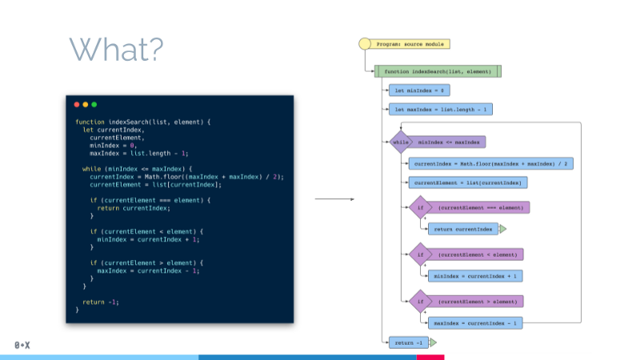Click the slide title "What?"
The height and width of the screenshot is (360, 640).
tap(117, 49)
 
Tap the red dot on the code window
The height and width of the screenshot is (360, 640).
tap(77, 104)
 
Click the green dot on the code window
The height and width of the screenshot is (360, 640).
tap(94, 104)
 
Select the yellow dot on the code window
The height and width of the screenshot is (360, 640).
tap(86, 104)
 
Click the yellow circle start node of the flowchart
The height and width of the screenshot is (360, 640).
tap(365, 44)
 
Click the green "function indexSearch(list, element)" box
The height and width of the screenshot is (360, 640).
tap(438, 71)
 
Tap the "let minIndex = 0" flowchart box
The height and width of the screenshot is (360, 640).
tap(416, 90)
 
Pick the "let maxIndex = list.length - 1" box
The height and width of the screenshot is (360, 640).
tap(440, 109)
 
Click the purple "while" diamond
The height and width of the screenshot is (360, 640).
tap(398, 142)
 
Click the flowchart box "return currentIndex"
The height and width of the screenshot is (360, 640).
tap(462, 229)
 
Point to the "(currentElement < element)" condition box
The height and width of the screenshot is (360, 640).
tap(478, 254)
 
